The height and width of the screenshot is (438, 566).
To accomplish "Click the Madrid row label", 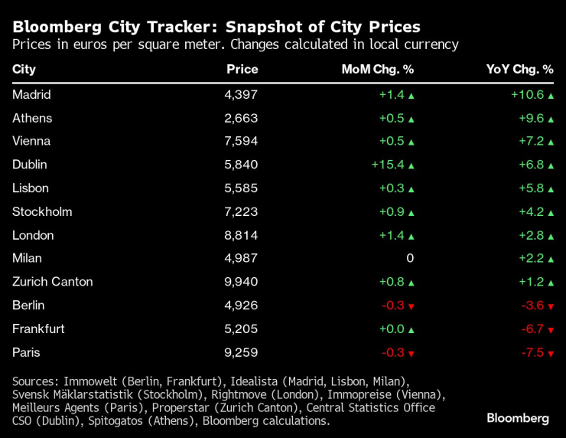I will pos(31,94).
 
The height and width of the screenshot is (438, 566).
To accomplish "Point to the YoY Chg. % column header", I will pos(519,69).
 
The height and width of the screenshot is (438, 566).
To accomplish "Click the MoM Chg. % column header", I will pos(377,69).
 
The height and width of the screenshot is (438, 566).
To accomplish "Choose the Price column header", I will pos(242,69).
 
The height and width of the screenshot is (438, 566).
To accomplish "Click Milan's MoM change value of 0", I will pos(410,258).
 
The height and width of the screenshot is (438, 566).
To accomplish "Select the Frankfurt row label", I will pos(38,328).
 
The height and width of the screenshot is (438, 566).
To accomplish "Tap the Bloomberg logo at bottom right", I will pos(518,418).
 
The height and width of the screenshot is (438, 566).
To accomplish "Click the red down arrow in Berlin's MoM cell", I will pos(411,306).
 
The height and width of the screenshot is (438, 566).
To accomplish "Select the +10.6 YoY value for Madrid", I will pos(527,94).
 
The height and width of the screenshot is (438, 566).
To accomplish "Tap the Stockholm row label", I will pos(42,211).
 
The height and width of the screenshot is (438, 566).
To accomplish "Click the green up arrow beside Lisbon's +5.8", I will pos(550,188).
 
